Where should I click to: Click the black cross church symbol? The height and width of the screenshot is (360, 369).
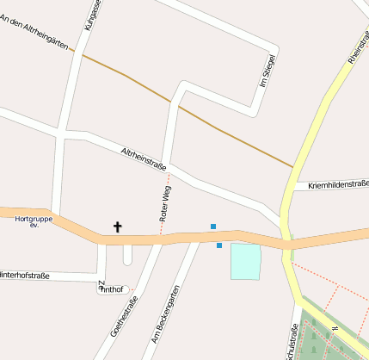(118, 227)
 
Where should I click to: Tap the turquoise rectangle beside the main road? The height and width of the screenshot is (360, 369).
(245, 261)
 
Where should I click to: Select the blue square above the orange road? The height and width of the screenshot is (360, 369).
(213, 227)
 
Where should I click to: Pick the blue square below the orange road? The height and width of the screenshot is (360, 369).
(219, 246)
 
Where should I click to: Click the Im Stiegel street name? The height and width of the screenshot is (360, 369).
(268, 71)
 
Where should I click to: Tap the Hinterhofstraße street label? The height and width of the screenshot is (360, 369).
(24, 276)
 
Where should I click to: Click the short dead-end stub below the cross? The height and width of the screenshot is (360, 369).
(128, 256)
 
